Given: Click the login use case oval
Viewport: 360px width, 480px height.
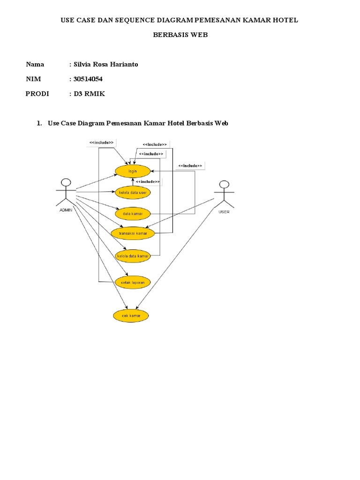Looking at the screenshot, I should [x=132, y=172].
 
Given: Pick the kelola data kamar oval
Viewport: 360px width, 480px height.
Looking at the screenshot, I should [x=133, y=256].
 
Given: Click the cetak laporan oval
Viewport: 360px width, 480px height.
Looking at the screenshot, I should [x=133, y=282].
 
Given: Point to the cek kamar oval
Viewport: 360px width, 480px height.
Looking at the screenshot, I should [x=131, y=316].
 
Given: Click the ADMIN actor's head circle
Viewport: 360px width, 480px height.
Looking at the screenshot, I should [x=66, y=182].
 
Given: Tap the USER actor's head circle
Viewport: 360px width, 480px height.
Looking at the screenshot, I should [x=225, y=184].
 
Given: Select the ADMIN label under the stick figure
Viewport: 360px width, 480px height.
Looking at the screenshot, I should [x=66, y=210].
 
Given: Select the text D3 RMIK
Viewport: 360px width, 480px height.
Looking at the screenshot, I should [x=90, y=94].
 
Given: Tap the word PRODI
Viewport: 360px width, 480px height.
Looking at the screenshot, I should [x=37, y=94].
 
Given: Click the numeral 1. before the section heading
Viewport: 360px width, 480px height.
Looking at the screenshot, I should [x=39, y=123].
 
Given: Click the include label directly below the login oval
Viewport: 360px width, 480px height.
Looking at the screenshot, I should [x=147, y=181].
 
